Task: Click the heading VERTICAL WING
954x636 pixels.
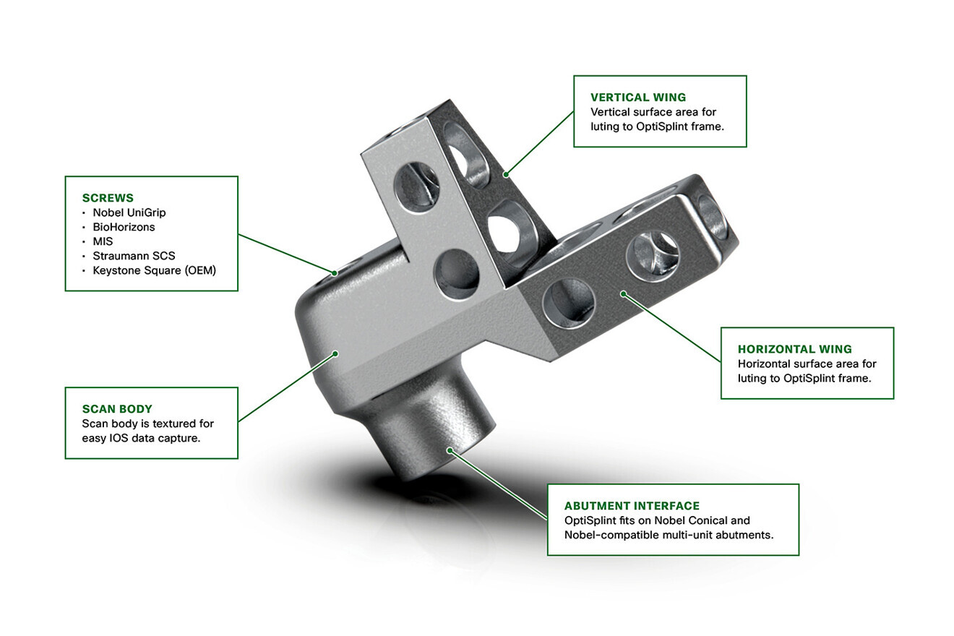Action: (638, 97)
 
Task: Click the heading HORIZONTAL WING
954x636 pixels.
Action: (794, 349)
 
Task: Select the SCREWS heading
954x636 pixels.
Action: (108, 197)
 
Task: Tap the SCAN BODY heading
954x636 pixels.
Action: (117, 409)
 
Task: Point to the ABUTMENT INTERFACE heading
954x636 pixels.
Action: (632, 506)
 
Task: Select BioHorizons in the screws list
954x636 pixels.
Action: (124, 227)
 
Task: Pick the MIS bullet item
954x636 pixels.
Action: (103, 241)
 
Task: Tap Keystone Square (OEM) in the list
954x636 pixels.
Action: (154, 270)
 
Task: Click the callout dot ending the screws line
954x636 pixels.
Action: (335, 272)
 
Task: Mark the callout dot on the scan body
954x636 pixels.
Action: (335, 353)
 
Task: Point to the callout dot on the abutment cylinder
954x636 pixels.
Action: (450, 450)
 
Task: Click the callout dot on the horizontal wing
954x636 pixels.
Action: (623, 294)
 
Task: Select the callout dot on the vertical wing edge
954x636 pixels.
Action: (507, 173)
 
